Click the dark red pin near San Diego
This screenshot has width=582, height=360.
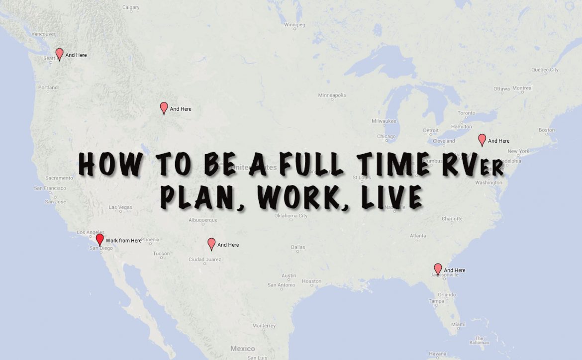99,240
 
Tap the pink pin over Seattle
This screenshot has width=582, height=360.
59,54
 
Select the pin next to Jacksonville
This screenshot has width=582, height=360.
438,269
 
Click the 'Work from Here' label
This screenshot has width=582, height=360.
123,241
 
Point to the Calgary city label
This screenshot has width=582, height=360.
131,7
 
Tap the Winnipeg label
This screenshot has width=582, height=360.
294,24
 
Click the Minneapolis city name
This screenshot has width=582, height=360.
332,95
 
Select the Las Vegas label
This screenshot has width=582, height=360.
120,207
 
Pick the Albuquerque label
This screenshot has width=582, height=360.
203,220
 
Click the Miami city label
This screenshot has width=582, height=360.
459,324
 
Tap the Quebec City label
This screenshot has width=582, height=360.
545,70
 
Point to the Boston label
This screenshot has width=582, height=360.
546,130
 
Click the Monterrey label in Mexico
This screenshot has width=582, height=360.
264,326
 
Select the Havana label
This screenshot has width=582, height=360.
438,354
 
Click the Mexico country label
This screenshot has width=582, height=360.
243,349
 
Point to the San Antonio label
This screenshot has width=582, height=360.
282,285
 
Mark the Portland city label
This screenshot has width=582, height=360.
48,88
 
